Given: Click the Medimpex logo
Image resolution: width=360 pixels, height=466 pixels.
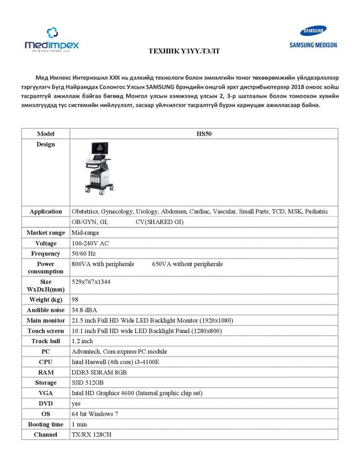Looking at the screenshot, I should click(x=51, y=40).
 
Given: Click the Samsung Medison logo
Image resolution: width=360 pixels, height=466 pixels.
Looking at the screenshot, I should click(x=313, y=37).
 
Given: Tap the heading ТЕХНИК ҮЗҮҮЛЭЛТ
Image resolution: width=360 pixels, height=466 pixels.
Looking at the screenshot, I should click(x=184, y=51).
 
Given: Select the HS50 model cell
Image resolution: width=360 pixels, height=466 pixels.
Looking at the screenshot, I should click(x=203, y=134).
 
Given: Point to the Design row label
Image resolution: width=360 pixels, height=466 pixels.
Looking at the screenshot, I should click(x=46, y=144).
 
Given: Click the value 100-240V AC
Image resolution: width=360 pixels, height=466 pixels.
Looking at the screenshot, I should click(x=90, y=243).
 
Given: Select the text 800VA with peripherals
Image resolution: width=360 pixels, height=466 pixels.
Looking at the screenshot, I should click(x=103, y=264).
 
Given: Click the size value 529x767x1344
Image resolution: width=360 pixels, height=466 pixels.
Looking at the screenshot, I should click(x=91, y=282).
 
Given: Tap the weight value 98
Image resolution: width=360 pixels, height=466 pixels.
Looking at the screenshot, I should click(x=75, y=299).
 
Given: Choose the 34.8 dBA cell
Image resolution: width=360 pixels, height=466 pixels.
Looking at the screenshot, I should click(x=84, y=310).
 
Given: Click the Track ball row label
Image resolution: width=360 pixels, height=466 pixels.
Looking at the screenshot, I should click(x=46, y=341).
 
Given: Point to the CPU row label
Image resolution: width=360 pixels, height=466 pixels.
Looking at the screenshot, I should click(x=46, y=362).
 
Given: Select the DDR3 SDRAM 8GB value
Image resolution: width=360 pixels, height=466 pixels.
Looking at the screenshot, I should click(x=99, y=372).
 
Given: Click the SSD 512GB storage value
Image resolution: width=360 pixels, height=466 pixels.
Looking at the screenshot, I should click(x=88, y=383).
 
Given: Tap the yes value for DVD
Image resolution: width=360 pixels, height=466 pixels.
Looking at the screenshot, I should click(x=76, y=404).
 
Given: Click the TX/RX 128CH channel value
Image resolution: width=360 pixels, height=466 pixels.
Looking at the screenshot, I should click(x=91, y=435).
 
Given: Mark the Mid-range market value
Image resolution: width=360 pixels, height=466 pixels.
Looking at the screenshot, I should click(x=85, y=233).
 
